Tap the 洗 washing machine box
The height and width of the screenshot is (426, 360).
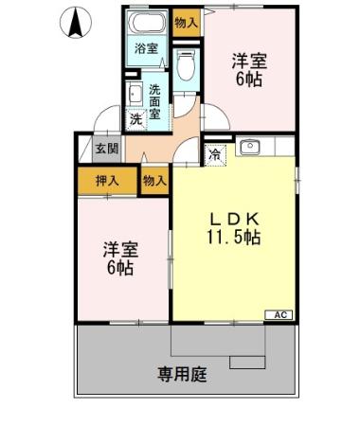[x=135, y=119]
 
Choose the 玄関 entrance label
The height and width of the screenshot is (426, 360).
[x=107, y=149]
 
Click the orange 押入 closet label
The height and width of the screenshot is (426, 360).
[x=107, y=180]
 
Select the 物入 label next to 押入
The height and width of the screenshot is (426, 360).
[x=153, y=180]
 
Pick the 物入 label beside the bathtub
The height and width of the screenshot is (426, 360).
[x=186, y=20]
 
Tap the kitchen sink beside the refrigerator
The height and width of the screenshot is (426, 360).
[x=249, y=148]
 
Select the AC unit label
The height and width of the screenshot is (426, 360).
[x=281, y=314]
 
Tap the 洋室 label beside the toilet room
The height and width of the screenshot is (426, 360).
[x=250, y=62]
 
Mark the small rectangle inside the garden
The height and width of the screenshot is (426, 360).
[x=248, y=362]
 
